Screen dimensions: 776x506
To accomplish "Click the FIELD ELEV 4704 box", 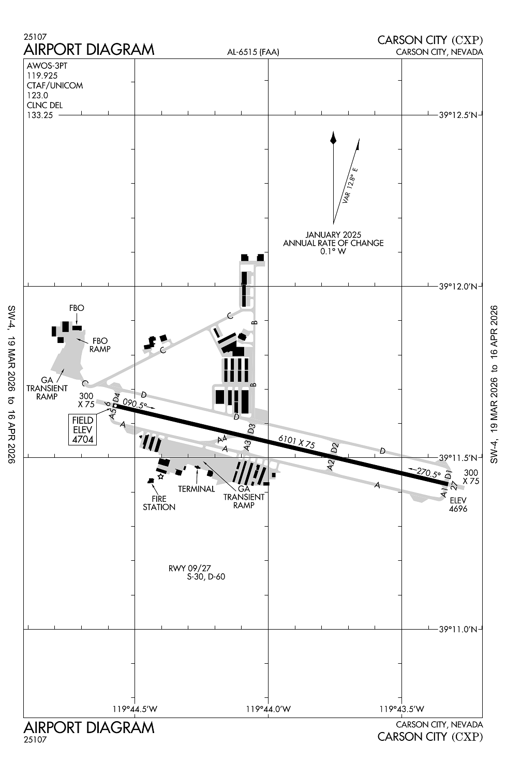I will [83, 430].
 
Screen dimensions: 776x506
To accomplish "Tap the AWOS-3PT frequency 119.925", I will [42, 76].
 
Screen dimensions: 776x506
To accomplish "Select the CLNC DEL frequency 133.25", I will [40, 115].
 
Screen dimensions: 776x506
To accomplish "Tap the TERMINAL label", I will [196, 489].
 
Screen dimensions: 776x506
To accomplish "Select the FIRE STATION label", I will [159, 503].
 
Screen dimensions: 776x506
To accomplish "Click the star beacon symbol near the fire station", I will [160, 477].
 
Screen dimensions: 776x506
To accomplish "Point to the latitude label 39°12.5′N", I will [458, 115].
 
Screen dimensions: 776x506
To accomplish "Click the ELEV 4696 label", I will [458, 504].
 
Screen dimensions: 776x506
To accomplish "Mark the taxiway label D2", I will [335, 448].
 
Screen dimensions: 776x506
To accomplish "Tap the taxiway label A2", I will [331, 465].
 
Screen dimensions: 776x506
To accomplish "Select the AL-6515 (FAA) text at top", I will [253, 52].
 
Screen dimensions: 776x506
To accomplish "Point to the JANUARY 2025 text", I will [333, 235].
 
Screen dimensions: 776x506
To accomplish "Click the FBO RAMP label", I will [100, 345].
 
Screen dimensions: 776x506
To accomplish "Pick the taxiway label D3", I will [251, 429].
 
